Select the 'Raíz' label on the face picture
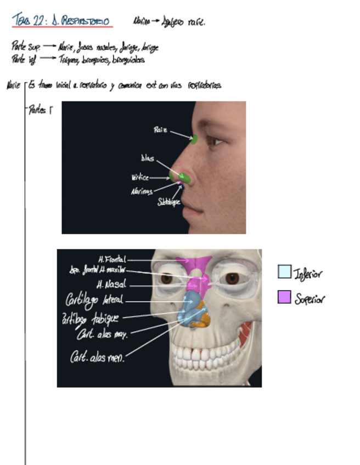[x=160, y=131]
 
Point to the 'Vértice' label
[x=140, y=178]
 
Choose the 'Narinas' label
[x=142, y=191]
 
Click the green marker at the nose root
[x=193, y=139]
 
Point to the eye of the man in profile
[x=215, y=141]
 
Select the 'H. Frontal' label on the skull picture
[x=112, y=259]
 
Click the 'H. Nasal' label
[x=111, y=285]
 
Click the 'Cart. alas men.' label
[x=97, y=357]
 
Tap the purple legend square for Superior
[x=284, y=297]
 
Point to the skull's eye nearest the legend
[x=232, y=279]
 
